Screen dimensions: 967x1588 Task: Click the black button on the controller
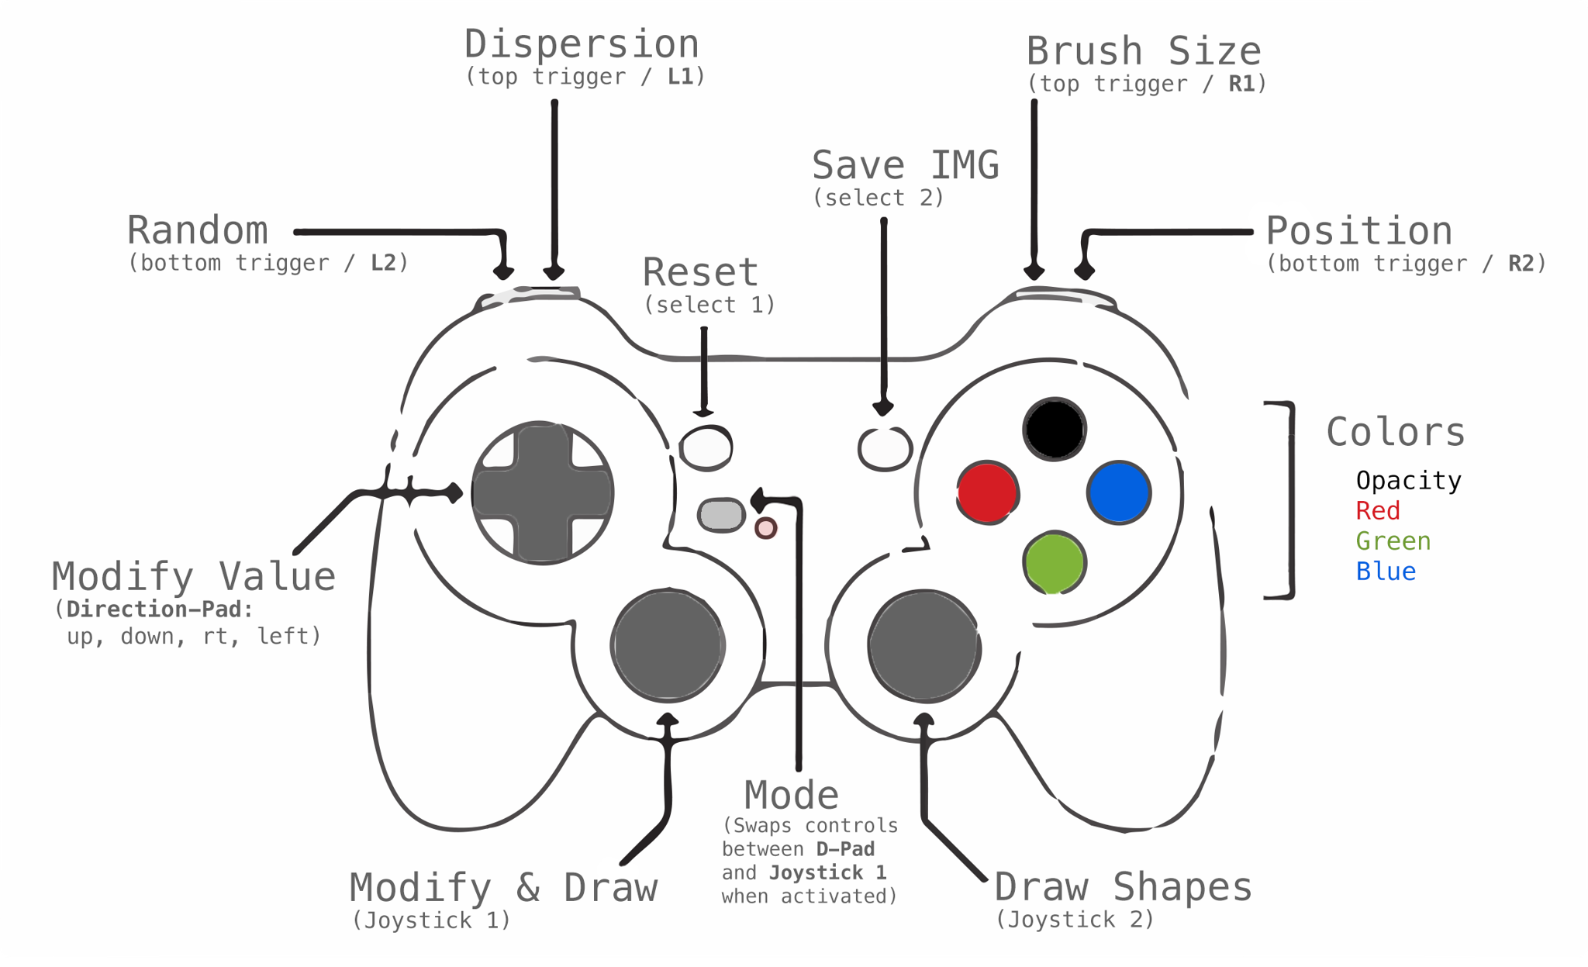coord(1054,429)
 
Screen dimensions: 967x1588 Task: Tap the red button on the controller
coord(987,492)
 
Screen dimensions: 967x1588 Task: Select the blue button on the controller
coord(1119,492)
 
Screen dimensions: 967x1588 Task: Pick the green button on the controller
coord(1054,563)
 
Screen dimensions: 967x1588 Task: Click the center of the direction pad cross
coord(542,492)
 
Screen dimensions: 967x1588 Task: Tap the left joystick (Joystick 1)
coord(668,645)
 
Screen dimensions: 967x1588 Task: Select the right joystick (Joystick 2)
coord(923,645)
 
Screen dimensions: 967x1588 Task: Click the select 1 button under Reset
coord(706,447)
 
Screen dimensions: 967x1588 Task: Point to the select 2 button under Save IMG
coord(885,448)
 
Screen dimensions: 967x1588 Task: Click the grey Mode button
coord(721,516)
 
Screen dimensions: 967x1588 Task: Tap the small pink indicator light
coord(766,528)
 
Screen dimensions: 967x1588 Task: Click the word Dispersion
coord(582,44)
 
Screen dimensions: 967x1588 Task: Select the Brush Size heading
coord(1144,51)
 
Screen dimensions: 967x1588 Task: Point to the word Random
coord(198,230)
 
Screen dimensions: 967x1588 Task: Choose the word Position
coord(1359,231)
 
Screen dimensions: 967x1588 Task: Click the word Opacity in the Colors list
coord(1408,481)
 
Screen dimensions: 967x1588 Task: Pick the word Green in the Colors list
coord(1393,541)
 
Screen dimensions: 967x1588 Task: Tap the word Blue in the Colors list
coord(1386,572)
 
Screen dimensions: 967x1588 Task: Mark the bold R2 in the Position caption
coord(1521,264)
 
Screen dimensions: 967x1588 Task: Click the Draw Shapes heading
coord(1123,887)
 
